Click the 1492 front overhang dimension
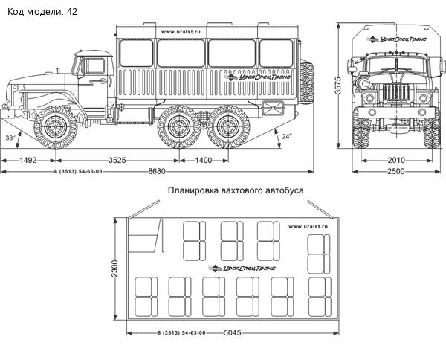[x=28, y=160]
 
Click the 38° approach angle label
[x=10, y=138]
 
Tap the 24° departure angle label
[x=287, y=136]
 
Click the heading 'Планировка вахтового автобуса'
[x=236, y=190]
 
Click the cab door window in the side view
[x=94, y=65]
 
